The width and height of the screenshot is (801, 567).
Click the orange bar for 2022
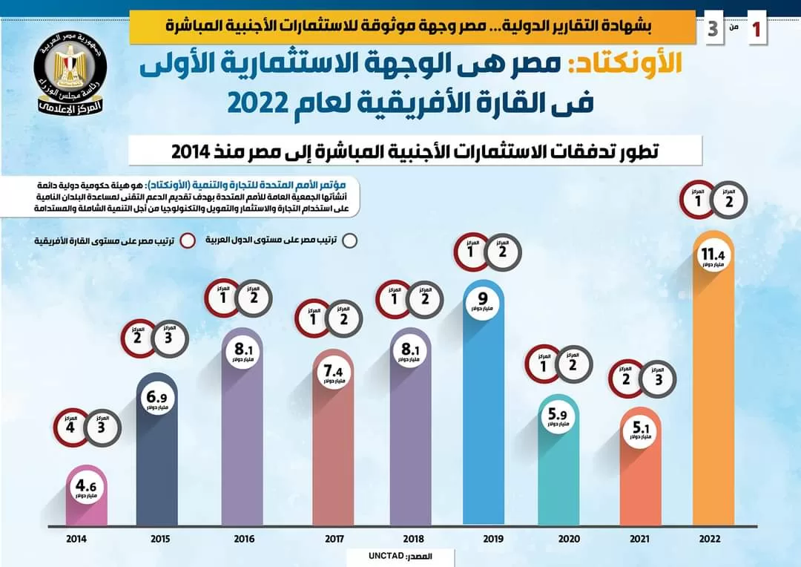coord(713,401)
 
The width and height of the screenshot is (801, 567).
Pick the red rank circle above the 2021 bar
coord(627,378)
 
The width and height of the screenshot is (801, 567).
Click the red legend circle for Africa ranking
coord(188,240)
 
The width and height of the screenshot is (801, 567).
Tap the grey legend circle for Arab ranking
coord(350,240)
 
